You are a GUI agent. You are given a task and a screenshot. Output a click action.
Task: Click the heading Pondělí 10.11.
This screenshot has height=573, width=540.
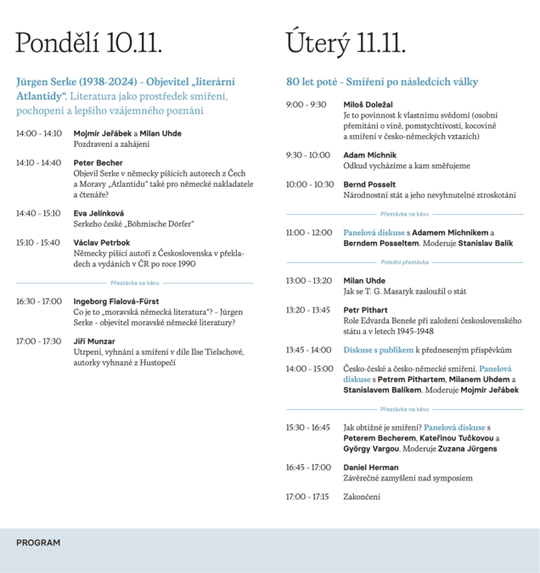pyautogui.click(x=88, y=42)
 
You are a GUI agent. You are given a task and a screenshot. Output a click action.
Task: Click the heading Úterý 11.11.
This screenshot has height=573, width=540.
pyautogui.click(x=346, y=42)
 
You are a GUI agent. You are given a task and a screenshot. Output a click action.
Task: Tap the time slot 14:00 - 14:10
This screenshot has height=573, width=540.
pyautogui.click(x=38, y=133)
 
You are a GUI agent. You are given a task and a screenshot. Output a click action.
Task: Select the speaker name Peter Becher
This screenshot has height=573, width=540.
pyautogui.click(x=98, y=162)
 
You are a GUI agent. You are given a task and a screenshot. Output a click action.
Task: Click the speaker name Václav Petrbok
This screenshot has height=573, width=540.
pyautogui.click(x=103, y=242)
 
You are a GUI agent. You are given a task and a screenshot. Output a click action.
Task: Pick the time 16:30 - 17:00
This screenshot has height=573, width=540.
pyautogui.click(x=38, y=301)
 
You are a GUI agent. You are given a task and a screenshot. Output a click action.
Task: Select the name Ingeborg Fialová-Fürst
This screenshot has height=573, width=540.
pyautogui.click(x=116, y=301)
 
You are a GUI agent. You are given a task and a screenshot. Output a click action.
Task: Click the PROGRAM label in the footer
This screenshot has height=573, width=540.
pyautogui.click(x=38, y=542)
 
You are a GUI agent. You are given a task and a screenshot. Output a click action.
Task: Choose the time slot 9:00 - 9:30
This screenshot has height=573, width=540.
pyautogui.click(x=306, y=104)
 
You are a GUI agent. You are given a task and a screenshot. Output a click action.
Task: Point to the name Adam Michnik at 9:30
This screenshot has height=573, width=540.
pyautogui.click(x=370, y=155)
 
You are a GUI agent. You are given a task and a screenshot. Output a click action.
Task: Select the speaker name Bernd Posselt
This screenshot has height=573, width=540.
pyautogui.click(x=370, y=184)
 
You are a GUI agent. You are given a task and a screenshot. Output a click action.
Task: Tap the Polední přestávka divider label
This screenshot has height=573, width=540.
pyautogui.click(x=404, y=262)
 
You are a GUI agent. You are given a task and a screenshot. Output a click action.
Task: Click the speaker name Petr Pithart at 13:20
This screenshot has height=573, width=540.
pyautogui.click(x=366, y=310)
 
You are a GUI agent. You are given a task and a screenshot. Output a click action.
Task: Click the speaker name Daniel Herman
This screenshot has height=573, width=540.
pyautogui.click(x=372, y=467)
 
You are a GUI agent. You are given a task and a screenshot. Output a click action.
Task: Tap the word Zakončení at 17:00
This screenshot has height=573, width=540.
pyautogui.click(x=362, y=496)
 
